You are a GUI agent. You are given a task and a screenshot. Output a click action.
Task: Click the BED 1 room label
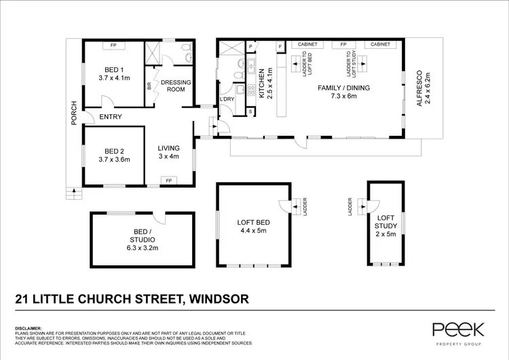pyautogui.click(x=113, y=73)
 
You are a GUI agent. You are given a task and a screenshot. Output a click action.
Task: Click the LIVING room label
pyautogui.click(x=168, y=152)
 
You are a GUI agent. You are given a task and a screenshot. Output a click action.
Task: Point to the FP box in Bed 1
pyautogui.click(x=113, y=46)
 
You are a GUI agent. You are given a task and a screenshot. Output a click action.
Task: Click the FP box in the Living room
pyautogui.click(x=168, y=181)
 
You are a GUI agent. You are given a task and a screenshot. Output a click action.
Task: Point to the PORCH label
pyautogui.click(x=74, y=113)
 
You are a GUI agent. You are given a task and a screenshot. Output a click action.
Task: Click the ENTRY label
pyautogui.click(x=111, y=117)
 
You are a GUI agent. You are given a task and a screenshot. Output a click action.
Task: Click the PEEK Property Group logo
pyautogui.click(x=458, y=332)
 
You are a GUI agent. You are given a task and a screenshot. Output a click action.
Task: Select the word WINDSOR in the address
pyautogui.click(x=219, y=298)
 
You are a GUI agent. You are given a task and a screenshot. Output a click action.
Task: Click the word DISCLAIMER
pyautogui.click(x=28, y=327)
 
